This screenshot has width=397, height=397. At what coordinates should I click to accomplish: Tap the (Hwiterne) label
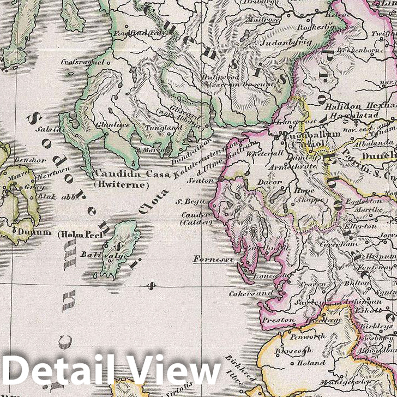122,185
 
